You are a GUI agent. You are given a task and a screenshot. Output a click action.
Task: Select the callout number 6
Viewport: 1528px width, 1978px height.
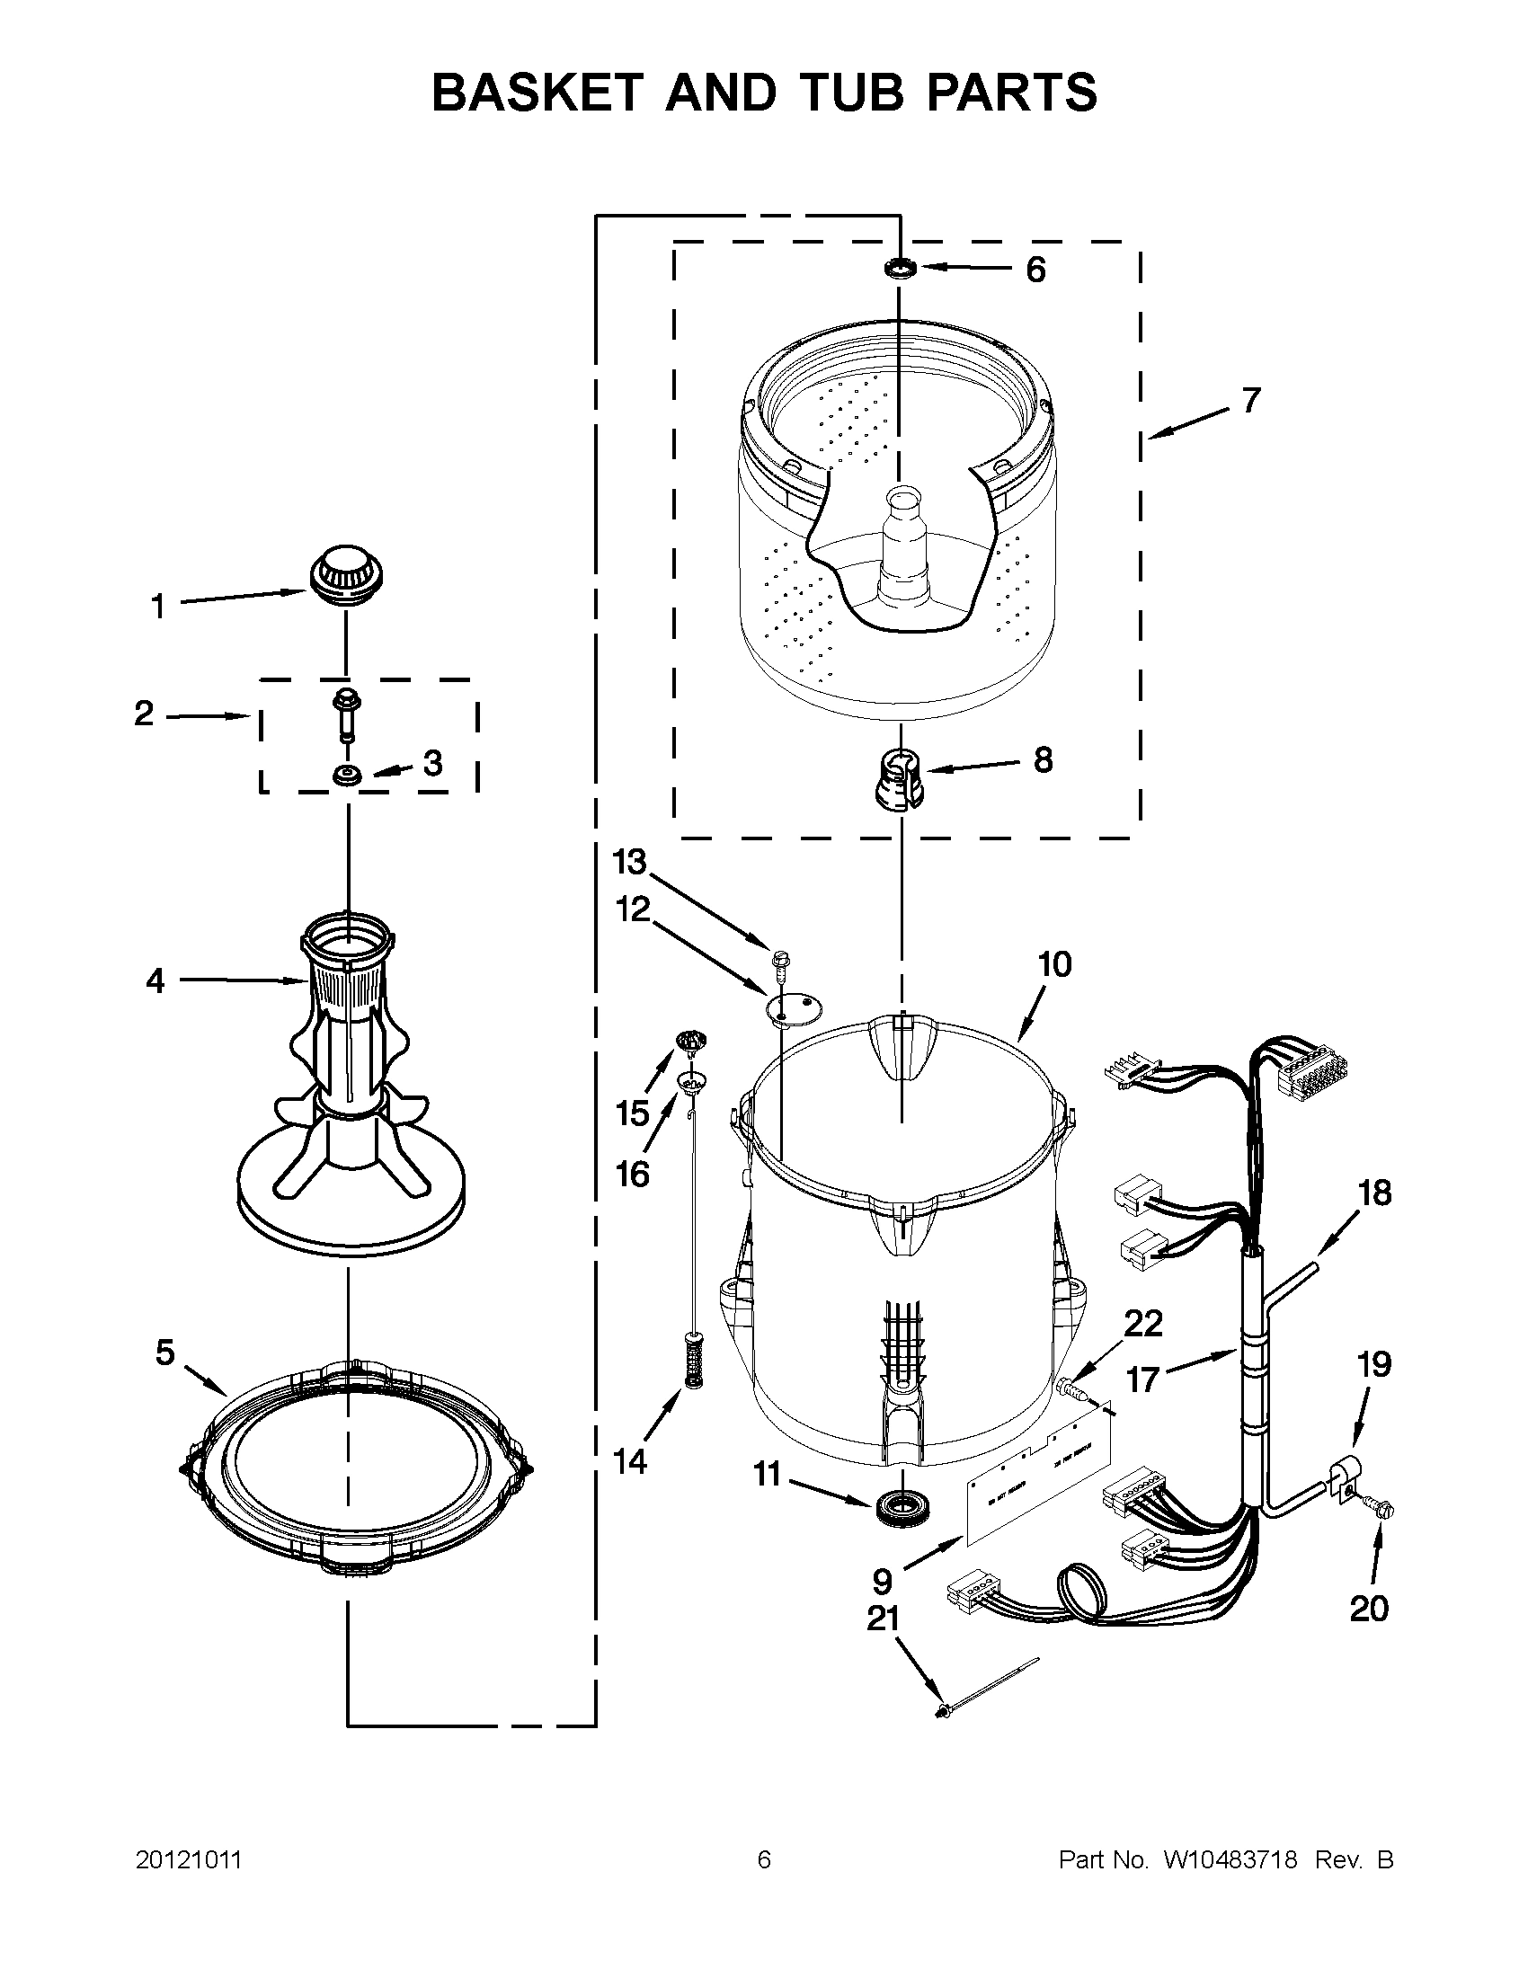(x=1035, y=270)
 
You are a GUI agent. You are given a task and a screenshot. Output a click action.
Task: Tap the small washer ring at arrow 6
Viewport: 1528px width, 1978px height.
(x=900, y=268)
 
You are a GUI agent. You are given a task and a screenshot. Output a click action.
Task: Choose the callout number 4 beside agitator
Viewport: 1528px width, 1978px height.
(x=155, y=980)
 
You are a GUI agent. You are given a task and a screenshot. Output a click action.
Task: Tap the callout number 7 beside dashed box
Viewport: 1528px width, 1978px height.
(x=1250, y=399)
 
